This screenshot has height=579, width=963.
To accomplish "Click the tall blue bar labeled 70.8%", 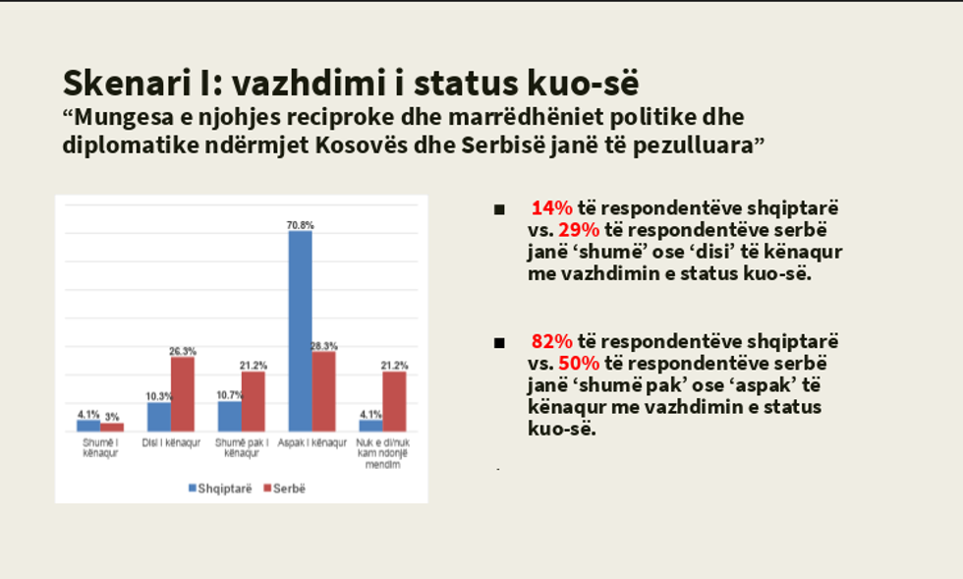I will coord(300,330).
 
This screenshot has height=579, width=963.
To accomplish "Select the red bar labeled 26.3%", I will coord(183,393).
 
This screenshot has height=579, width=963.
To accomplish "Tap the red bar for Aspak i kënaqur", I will coord(323,391).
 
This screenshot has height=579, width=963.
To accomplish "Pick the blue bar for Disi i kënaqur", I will coord(159,416).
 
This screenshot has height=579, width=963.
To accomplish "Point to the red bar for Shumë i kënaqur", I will coord(112,427).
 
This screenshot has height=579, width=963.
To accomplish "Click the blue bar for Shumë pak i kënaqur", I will coord(230,416).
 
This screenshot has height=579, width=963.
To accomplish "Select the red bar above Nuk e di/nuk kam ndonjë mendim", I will coord(394,401).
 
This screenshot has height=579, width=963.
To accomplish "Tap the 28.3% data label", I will coord(323,345).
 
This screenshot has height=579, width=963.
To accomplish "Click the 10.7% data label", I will coord(228,395).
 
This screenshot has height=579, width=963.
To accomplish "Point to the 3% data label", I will coord(113,417).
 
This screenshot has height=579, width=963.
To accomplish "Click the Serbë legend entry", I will coord(284,488).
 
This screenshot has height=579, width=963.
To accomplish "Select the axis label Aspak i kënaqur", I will coord(312,443).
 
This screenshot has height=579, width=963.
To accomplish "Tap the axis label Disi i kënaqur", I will coord(171,443).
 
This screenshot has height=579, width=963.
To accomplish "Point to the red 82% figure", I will coord(550,341).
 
